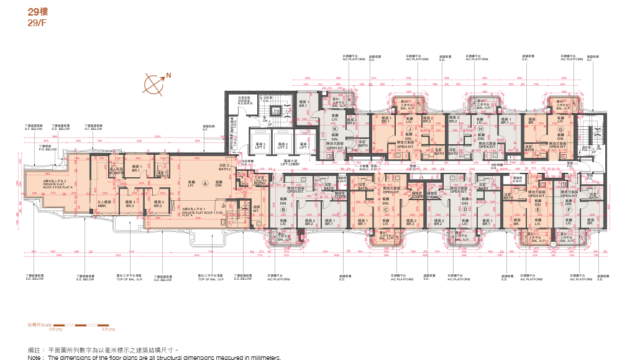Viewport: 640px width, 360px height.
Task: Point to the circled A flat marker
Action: point(206,184)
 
